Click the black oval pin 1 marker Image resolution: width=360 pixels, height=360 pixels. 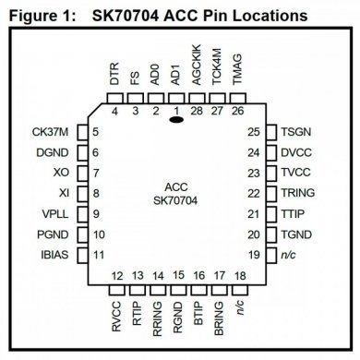[175, 119]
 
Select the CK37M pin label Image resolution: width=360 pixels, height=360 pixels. [50, 131]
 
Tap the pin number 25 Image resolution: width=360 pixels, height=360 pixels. [254, 131]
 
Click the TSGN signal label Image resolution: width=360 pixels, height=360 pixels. [296, 131]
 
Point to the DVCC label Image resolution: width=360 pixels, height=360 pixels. [296, 151]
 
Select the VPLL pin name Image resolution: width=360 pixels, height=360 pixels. [55, 213]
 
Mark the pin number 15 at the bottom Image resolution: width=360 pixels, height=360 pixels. [175, 276]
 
